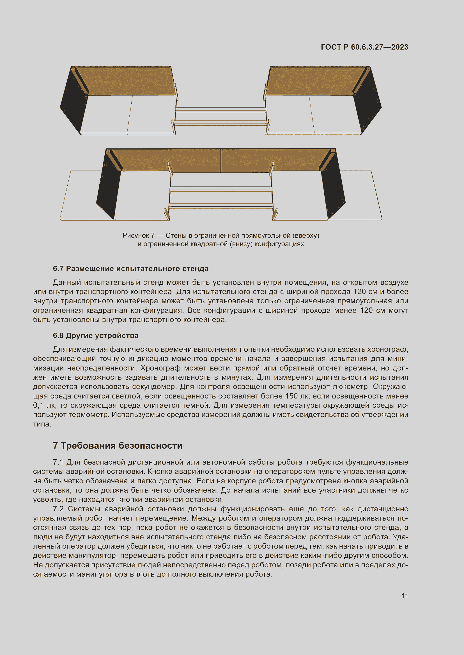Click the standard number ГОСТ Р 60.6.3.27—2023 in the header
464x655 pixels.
click(x=364, y=47)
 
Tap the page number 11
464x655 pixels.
click(x=405, y=596)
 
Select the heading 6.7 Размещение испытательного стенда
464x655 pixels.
click(x=130, y=269)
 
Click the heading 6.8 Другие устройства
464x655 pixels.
click(x=96, y=335)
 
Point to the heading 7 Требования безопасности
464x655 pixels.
click(x=118, y=446)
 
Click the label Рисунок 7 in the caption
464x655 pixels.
click(x=138, y=235)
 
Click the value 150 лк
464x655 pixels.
click(x=296, y=396)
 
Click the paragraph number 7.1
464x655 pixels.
click(x=59, y=462)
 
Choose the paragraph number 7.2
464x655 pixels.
click(x=59, y=509)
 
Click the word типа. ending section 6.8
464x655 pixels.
click(x=42, y=424)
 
